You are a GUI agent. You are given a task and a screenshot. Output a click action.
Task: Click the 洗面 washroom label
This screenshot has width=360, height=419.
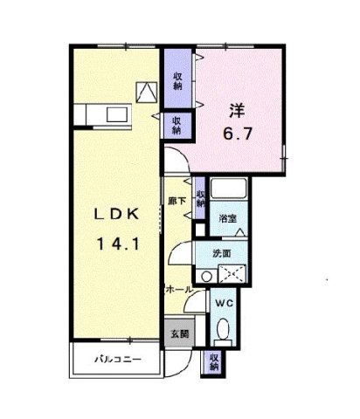click(x=222, y=253)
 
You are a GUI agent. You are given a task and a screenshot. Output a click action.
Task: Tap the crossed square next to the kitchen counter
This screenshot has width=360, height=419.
click(x=146, y=89)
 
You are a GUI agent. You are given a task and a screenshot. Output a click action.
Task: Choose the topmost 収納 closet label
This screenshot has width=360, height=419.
click(x=177, y=81)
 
